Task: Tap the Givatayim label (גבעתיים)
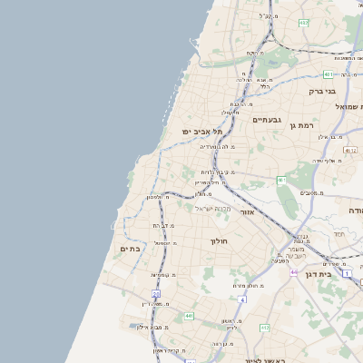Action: pos(269,119)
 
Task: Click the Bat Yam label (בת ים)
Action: pos(130,248)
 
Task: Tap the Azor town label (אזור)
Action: pos(270,211)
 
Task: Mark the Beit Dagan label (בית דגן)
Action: pos(340,272)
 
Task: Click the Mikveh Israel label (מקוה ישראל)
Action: pos(213,209)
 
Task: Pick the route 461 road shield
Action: pos(281,180)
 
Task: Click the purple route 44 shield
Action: pos(293,271)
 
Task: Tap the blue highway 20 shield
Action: pos(155,295)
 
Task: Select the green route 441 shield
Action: pos(189,315)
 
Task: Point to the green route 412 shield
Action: pos(264,328)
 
